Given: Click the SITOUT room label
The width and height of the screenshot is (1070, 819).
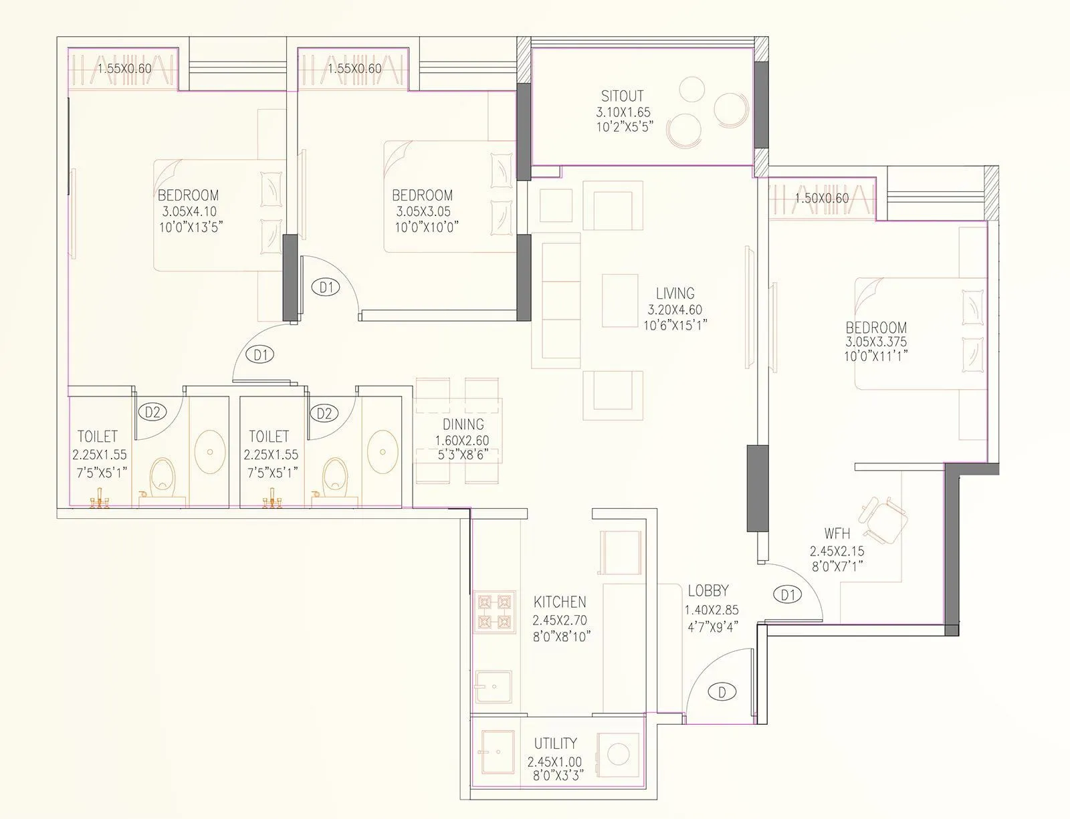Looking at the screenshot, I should click(x=622, y=96).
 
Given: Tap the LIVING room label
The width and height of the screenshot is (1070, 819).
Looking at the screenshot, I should click(x=675, y=294).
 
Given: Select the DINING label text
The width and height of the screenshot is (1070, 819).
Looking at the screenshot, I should click(x=463, y=425).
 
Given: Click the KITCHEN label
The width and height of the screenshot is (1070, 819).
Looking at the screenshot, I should click(x=560, y=602).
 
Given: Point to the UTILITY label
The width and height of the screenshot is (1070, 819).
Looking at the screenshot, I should click(x=555, y=743).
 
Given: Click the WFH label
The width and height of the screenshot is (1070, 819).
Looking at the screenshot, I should click(x=837, y=534).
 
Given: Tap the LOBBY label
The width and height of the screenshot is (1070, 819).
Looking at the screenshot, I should click(x=708, y=591).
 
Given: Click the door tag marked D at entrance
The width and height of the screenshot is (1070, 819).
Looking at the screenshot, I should click(x=722, y=692).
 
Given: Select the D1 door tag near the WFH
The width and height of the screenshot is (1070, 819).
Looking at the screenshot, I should click(x=787, y=594).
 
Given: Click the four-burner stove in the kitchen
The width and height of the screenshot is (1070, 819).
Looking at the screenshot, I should click(x=495, y=612).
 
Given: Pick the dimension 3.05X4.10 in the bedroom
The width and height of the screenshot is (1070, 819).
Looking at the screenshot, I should click(x=189, y=211).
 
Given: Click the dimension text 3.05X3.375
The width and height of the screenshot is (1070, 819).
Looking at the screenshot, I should click(x=876, y=342).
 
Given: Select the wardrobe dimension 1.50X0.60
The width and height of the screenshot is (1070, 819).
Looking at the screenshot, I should click(x=821, y=199).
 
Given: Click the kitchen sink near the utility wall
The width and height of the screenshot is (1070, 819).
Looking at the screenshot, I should click(x=494, y=688).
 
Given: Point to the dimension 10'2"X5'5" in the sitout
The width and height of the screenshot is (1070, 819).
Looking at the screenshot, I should click(x=623, y=126).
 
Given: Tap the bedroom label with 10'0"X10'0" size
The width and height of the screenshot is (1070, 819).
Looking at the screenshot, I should click(x=422, y=195).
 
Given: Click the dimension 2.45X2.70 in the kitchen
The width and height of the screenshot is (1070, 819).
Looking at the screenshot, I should click(x=560, y=620).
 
